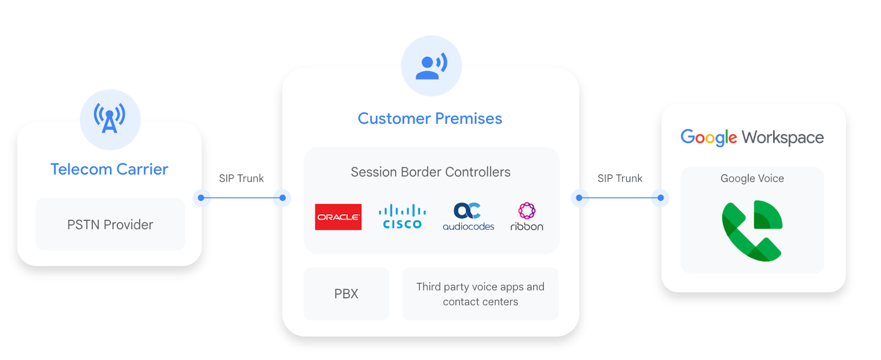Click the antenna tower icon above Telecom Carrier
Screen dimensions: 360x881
click(x=110, y=119)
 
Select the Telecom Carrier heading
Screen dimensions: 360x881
click(x=109, y=169)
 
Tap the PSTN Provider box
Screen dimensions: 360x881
click(x=110, y=225)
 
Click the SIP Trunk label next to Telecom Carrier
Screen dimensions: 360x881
click(x=241, y=178)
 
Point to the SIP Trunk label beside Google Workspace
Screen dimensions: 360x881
click(x=619, y=178)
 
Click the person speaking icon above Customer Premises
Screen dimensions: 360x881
click(x=431, y=66)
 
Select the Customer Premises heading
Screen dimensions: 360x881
click(x=429, y=118)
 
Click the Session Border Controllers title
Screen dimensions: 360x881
click(x=430, y=172)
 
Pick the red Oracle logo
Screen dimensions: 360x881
click(x=338, y=217)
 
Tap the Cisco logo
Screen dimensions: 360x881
click(x=403, y=217)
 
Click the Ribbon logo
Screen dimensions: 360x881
click(x=526, y=217)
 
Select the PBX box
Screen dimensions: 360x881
click(x=346, y=294)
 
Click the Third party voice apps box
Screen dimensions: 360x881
click(x=480, y=294)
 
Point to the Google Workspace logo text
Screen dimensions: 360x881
click(x=752, y=137)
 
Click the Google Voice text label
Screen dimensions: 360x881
click(x=752, y=178)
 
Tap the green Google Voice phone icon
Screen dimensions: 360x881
click(x=752, y=231)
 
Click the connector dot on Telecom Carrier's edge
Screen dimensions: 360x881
click(x=201, y=198)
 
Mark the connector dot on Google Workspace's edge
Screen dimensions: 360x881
click(x=661, y=198)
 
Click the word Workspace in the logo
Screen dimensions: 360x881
click(x=782, y=138)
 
